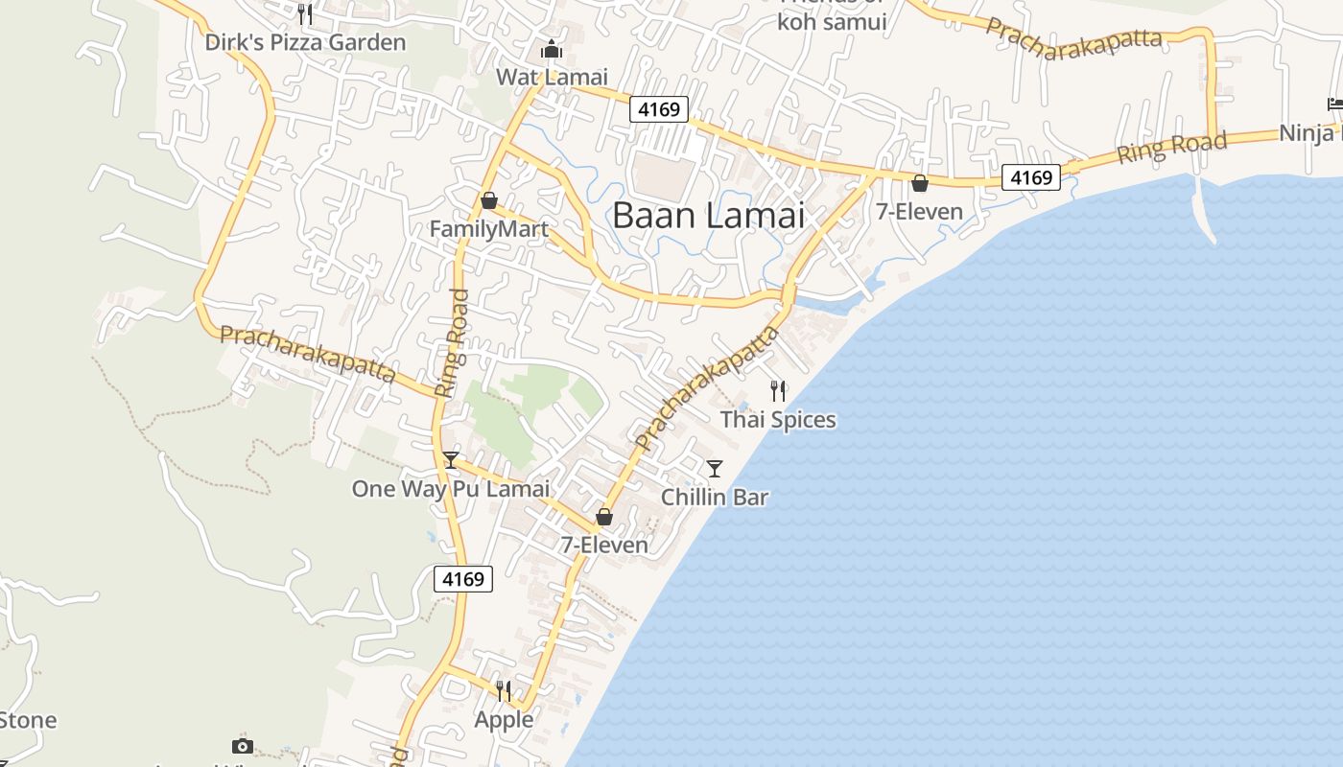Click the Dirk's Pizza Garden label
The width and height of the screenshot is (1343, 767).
pyautogui.click(x=305, y=42)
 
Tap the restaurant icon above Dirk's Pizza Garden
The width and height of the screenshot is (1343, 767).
pyautogui.click(x=305, y=13)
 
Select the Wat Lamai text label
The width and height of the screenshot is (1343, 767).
pyautogui.click(x=552, y=77)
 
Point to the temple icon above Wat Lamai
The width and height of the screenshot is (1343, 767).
pyautogui.click(x=552, y=49)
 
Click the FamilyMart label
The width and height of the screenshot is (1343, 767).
pyautogui.click(x=488, y=229)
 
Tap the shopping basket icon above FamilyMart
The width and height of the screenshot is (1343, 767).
pyautogui.click(x=489, y=200)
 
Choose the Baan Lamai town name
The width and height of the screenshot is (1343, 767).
pyautogui.click(x=708, y=215)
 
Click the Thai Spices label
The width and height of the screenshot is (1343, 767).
pyautogui.click(x=778, y=420)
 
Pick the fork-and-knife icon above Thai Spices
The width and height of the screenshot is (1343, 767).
pyautogui.click(x=778, y=390)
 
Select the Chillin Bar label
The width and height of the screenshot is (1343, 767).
pyautogui.click(x=715, y=498)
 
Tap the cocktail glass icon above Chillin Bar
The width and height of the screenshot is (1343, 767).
pyautogui.click(x=715, y=469)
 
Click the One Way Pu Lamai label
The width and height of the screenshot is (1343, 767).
pyautogui.click(x=451, y=489)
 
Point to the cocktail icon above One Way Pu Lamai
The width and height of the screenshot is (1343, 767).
pyautogui.click(x=451, y=460)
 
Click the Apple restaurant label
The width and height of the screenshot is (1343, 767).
pyautogui.click(x=504, y=719)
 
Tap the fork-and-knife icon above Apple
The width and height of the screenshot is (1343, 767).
pyautogui.click(x=504, y=690)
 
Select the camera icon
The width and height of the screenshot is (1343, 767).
pyautogui.click(x=243, y=746)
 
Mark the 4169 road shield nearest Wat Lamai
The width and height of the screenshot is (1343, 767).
pyautogui.click(x=660, y=109)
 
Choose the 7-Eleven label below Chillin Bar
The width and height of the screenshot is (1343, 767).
pyautogui.click(x=604, y=546)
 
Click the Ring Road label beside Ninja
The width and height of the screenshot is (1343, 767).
pyautogui.click(x=1170, y=148)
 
